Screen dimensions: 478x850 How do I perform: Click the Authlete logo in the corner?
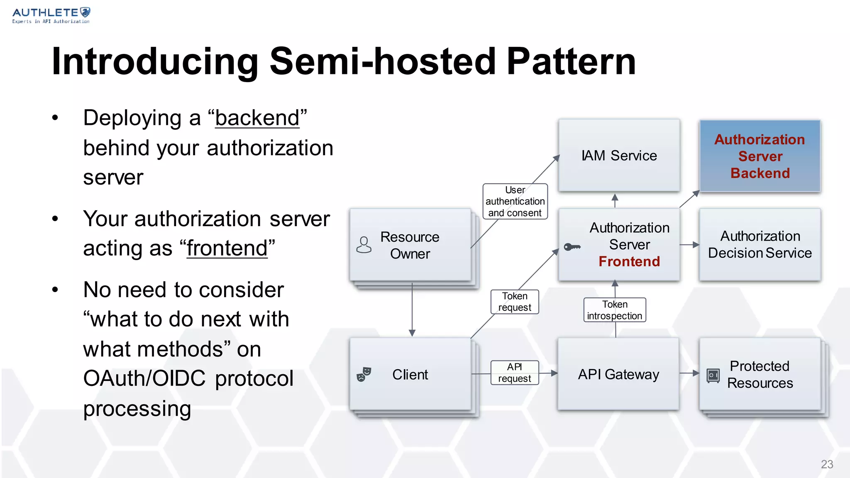click(51, 15)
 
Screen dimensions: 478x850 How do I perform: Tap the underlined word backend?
click(257, 118)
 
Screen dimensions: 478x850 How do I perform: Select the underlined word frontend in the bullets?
click(227, 249)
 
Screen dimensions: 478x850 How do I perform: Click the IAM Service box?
click(619, 156)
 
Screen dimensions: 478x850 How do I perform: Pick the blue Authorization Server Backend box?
click(760, 156)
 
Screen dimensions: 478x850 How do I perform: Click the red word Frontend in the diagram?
click(629, 262)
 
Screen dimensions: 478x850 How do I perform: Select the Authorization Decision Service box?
click(760, 245)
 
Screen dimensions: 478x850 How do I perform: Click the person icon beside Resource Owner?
click(364, 245)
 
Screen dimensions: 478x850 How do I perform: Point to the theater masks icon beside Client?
click(364, 374)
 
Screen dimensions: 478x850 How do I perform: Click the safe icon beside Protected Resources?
click(713, 376)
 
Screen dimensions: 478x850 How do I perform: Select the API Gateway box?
click(618, 374)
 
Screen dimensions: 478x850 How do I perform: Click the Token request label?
click(515, 302)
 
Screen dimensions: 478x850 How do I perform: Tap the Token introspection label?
click(615, 310)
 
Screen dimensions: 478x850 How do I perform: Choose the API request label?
click(515, 373)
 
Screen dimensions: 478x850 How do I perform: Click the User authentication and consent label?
click(515, 202)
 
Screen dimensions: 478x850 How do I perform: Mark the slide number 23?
click(827, 464)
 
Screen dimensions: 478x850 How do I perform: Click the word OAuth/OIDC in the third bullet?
click(144, 379)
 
